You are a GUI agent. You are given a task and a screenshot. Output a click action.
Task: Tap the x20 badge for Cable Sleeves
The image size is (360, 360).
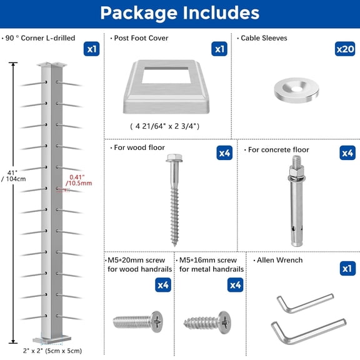(x=345, y=48)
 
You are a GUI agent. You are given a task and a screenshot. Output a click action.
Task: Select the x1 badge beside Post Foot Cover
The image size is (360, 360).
(x=219, y=48)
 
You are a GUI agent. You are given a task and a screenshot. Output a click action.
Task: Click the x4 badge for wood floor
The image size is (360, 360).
(x=225, y=152)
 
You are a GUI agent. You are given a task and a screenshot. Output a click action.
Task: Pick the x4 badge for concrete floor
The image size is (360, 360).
(x=347, y=152)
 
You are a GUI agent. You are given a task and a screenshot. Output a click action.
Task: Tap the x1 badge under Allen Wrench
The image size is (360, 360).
(x=347, y=268)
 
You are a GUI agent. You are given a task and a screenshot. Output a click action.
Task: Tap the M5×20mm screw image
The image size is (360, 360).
(x=137, y=321)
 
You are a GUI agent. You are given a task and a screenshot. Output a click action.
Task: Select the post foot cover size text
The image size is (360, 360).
(x=165, y=126)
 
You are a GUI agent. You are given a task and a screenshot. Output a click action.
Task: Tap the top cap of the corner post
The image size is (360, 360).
(x=52, y=64)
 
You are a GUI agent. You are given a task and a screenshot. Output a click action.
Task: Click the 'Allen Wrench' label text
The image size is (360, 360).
(x=279, y=259)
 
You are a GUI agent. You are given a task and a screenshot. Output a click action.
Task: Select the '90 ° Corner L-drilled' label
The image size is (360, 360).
(x=39, y=38)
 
